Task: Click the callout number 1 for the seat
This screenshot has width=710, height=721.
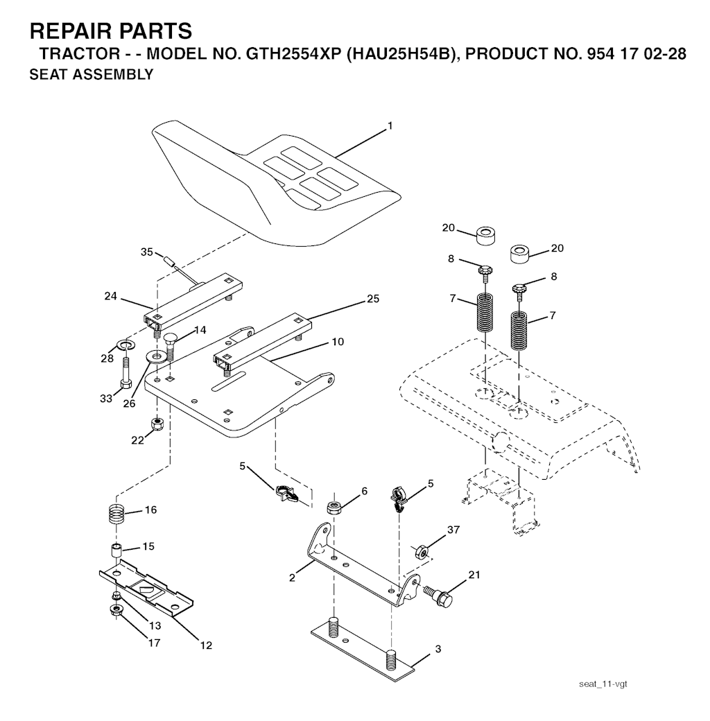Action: [390, 125]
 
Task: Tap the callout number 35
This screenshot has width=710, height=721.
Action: [147, 252]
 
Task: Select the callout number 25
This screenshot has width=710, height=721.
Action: [373, 299]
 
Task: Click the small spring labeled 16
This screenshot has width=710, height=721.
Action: [116, 513]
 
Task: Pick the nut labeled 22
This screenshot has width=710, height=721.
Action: [157, 423]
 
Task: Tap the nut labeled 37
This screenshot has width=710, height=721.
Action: [422, 550]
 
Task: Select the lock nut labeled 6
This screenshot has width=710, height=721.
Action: [333, 507]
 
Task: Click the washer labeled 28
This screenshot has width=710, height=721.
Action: [125, 344]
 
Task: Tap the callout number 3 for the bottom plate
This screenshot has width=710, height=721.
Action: [438, 649]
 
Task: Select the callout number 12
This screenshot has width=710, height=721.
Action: [206, 645]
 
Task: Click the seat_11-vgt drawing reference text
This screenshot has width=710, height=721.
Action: [603, 684]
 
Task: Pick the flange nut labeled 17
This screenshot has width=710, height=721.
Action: [114, 611]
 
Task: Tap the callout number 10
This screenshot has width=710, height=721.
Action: [338, 342]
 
